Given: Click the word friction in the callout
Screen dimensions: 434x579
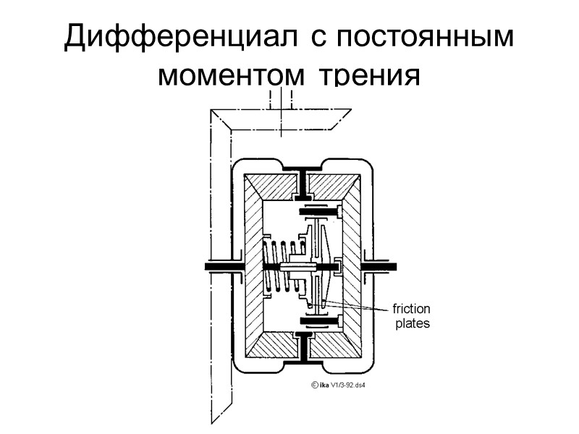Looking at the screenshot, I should point(412,310).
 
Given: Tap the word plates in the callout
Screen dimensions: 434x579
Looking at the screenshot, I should point(412,324).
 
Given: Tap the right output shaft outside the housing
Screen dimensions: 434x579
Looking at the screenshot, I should point(384,267).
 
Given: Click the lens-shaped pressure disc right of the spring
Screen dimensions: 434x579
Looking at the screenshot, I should point(329,266).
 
